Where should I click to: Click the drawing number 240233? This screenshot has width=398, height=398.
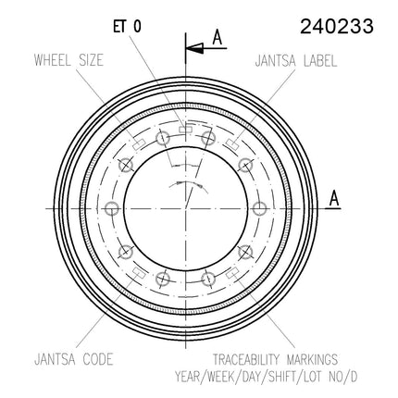click(337, 26)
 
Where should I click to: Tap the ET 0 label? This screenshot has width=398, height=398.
click(127, 27)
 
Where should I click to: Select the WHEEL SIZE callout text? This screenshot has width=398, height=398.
click(68, 60)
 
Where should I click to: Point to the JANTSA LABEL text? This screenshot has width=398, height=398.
click(296, 61)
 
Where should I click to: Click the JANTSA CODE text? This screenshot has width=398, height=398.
click(73, 359)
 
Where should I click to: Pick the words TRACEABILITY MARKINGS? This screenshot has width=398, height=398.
click(275, 359)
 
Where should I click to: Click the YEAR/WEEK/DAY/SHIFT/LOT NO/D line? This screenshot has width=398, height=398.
click(267, 377)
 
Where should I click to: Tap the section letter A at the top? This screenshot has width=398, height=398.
click(218, 38)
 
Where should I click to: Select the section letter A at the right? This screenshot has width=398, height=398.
click(334, 198)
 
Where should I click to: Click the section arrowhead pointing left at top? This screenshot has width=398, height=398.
click(194, 48)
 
